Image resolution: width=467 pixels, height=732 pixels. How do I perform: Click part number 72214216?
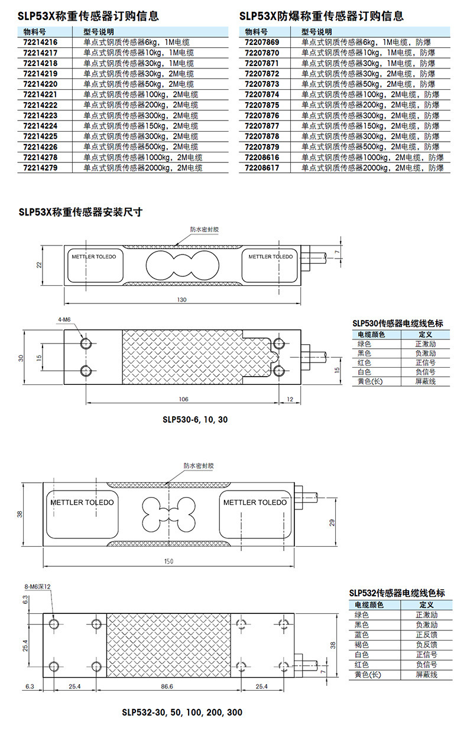40,42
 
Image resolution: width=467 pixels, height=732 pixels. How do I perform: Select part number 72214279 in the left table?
40,168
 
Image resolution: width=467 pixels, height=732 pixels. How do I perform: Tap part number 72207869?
262,42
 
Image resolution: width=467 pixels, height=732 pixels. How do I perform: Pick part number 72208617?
262,168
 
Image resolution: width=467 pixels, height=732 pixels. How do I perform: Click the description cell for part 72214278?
142,157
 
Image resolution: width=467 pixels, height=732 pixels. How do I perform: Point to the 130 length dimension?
181,299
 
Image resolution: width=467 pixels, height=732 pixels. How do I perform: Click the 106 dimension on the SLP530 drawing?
184,399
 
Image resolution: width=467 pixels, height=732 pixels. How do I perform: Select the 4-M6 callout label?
64,319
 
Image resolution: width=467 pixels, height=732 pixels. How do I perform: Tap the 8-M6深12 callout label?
38,587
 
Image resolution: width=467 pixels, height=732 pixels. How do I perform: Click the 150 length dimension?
168,561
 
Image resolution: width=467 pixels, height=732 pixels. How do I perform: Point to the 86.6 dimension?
167,686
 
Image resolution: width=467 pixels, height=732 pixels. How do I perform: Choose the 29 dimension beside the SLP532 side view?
332,522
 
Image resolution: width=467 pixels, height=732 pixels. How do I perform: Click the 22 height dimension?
39,265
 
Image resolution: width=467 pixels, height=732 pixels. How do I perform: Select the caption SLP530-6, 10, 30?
195,419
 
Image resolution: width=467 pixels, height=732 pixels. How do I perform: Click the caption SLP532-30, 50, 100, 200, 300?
182,712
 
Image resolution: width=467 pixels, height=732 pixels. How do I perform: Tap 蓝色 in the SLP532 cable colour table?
362,635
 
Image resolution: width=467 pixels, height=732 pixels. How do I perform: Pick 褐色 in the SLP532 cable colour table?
362,645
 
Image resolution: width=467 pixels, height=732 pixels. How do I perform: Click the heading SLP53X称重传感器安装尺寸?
80,212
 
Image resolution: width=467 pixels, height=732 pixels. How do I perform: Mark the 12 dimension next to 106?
290,399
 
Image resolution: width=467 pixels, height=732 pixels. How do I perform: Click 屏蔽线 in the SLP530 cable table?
426,381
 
